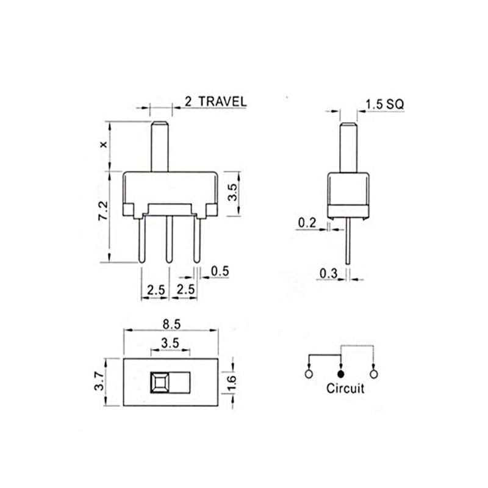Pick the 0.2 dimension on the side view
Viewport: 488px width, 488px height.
click(x=307, y=223)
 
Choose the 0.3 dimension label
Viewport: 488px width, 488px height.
click(x=328, y=274)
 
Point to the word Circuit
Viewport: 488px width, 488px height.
click(x=345, y=388)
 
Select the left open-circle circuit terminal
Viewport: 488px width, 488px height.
click(x=309, y=373)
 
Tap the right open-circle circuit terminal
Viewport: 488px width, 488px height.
click(x=373, y=373)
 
